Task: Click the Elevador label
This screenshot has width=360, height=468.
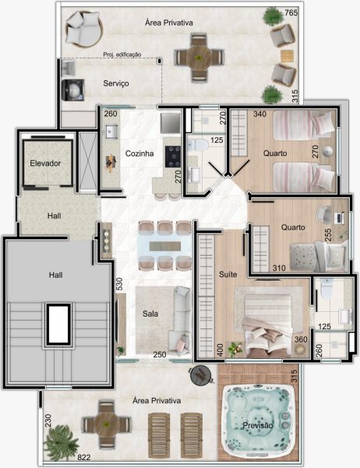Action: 45,163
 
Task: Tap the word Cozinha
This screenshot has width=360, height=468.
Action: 139,154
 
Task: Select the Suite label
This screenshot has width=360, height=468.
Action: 228,275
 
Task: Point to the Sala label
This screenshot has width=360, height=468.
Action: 150,314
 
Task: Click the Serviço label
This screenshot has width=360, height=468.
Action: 116,83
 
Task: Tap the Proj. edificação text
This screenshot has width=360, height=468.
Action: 122,55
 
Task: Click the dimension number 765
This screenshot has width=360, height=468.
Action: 291,12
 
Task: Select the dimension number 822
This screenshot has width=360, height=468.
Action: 84,457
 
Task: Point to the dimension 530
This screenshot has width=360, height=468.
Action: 119,284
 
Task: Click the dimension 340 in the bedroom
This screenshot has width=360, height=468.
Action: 259,114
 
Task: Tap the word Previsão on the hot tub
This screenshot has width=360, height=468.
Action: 258,425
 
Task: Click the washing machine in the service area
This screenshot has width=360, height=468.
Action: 72,90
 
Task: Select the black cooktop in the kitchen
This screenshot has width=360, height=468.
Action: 173,157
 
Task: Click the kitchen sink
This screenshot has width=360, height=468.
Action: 111,132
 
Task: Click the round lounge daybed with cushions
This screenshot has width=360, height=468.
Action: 84,29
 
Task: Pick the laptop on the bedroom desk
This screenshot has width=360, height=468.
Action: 340,218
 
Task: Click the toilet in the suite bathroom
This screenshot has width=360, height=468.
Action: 327,288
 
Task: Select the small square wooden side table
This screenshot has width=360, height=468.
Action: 287,56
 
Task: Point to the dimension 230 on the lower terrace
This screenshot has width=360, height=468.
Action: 48,420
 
